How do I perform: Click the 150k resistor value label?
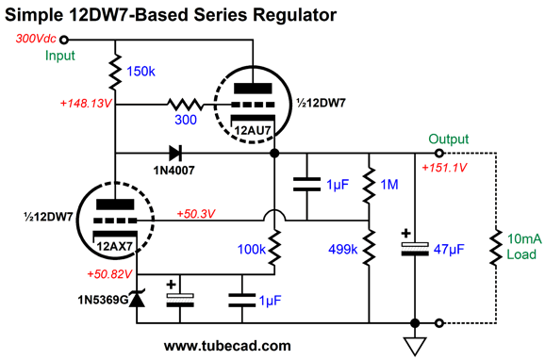[x=140, y=72]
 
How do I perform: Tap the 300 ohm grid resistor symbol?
[x=185, y=104]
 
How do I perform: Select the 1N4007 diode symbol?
[x=176, y=154]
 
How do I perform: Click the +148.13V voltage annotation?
[x=86, y=104]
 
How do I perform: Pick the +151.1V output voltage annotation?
[x=444, y=168]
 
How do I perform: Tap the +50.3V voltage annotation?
[x=196, y=214]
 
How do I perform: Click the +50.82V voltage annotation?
[x=109, y=274]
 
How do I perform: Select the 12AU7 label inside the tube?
[x=253, y=130]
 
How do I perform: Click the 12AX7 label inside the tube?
[x=115, y=246]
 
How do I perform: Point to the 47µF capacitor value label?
[x=449, y=249]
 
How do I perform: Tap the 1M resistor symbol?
[x=369, y=185]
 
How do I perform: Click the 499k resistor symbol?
[x=369, y=248]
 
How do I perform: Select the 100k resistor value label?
[x=252, y=249]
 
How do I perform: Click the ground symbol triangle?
[x=415, y=346]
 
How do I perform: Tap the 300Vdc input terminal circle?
[x=63, y=40]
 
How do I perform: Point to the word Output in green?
[x=449, y=139]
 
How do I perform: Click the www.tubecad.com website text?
[x=227, y=346]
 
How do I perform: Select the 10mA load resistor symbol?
[x=496, y=248]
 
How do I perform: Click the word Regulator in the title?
[x=295, y=15]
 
